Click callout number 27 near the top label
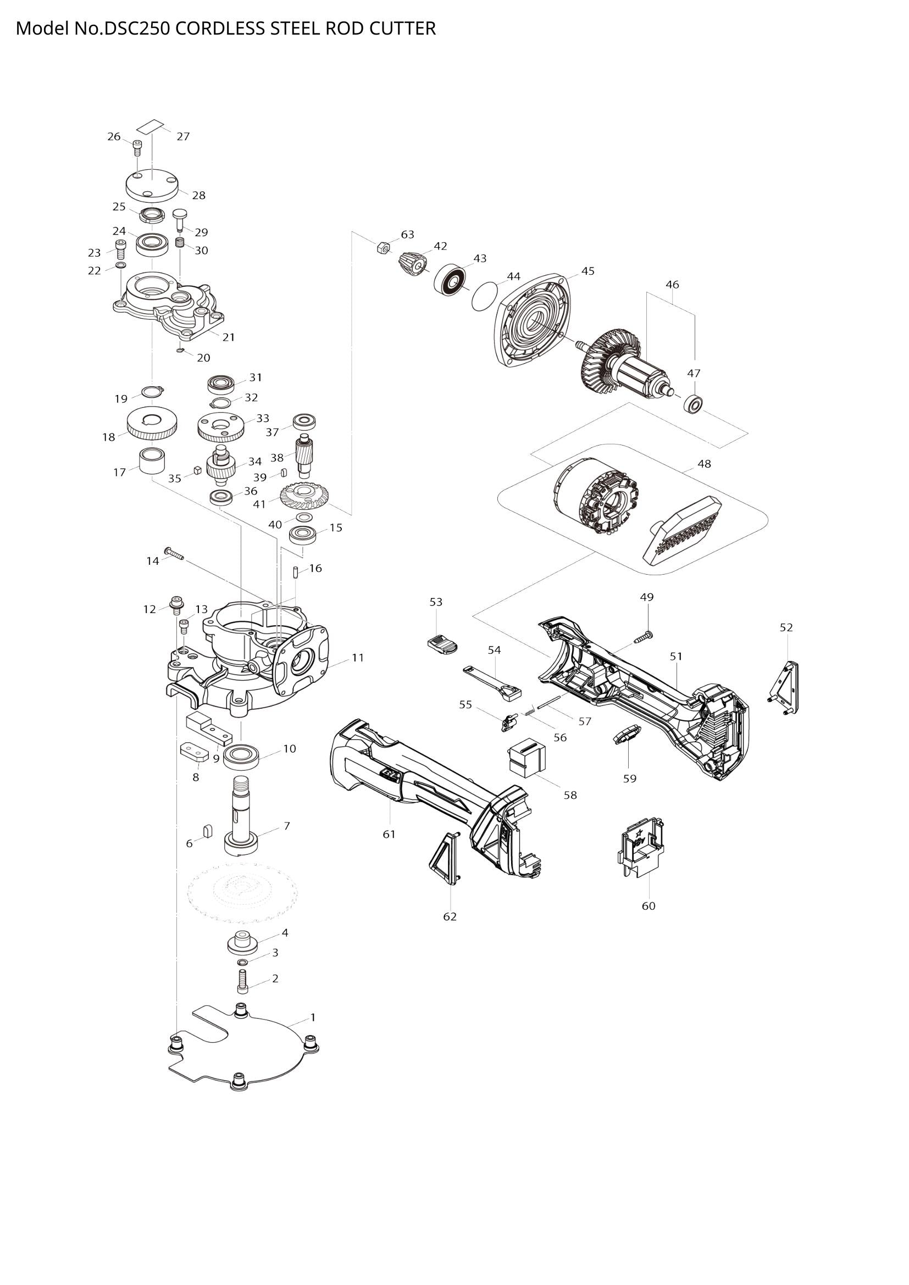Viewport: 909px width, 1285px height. coord(183,137)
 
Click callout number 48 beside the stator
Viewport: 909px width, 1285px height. coord(704,464)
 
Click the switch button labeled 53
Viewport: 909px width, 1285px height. coord(442,644)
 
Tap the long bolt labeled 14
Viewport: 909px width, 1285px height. coord(174,554)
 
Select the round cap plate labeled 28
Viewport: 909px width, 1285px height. coord(152,186)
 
